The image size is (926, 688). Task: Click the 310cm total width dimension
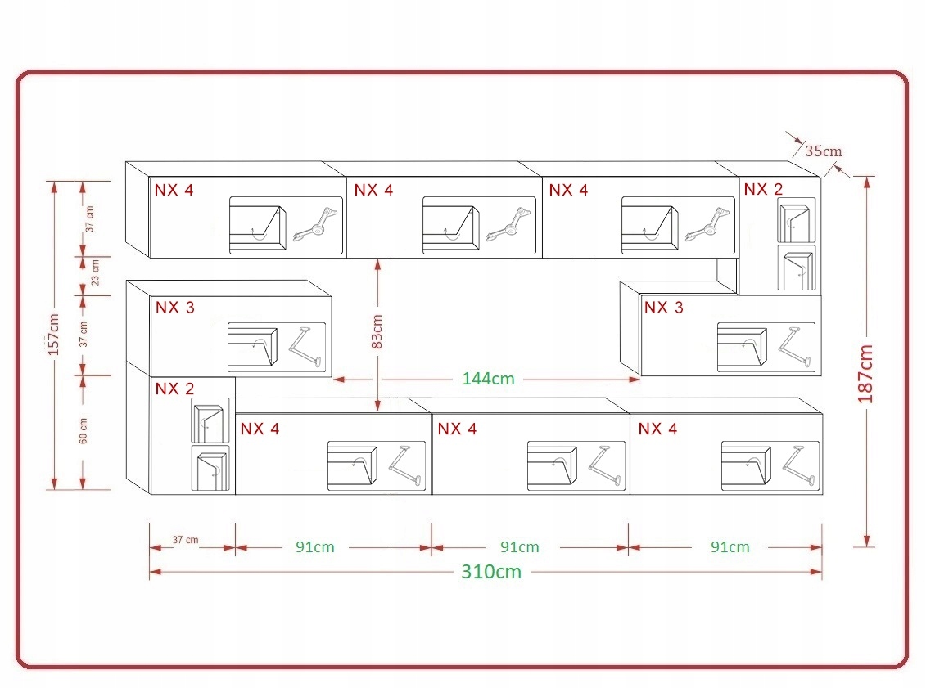tap(490, 572)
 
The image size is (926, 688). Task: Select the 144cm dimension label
tap(488, 379)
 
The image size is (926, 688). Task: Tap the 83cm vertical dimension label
tap(377, 331)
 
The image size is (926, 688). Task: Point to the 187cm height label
tap(865, 373)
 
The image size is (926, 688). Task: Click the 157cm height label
tap(54, 334)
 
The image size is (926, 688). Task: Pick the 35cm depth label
tap(823, 151)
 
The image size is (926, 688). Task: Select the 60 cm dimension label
tap(84, 430)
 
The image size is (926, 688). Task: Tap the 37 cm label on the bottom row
tap(186, 540)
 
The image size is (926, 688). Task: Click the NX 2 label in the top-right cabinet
tap(763, 190)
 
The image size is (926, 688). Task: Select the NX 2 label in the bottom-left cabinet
tap(174, 389)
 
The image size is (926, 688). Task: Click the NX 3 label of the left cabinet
tap(175, 308)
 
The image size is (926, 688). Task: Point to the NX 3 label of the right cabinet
tap(663, 308)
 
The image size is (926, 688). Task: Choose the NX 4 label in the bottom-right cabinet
tap(657, 429)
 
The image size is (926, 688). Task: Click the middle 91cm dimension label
tap(519, 547)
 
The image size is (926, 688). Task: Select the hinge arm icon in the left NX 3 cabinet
tap(306, 347)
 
